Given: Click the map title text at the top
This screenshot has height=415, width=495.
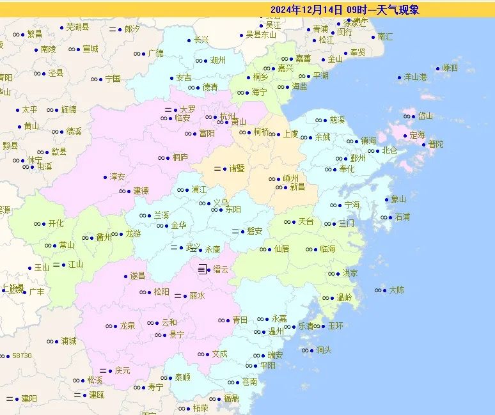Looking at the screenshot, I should pos(345,10).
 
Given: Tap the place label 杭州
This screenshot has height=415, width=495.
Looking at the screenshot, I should pos(228,116).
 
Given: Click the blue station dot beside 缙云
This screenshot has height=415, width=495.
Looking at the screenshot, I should pos(208,270).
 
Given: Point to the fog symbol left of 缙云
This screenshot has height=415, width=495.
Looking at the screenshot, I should pos(201,270).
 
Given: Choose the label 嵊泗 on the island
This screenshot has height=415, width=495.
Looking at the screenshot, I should pos(450,68).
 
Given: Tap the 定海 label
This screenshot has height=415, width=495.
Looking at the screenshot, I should pos(417,135).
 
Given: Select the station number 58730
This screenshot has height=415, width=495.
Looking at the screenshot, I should pos(22,356).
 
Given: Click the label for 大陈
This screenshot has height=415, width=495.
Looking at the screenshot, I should pos(397,290).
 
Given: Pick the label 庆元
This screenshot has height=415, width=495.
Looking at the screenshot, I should pos(123,370).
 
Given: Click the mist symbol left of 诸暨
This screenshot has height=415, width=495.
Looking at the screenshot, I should pos(217,169).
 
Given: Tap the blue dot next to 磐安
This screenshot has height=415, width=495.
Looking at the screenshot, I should pos(242,231).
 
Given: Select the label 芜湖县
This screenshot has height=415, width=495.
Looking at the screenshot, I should pos(78,27).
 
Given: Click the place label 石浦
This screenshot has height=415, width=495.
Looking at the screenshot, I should pos(402,217).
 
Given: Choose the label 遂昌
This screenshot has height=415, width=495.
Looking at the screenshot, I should pos(137,276).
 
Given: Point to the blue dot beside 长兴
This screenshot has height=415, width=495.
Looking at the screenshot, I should pos(189,40).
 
